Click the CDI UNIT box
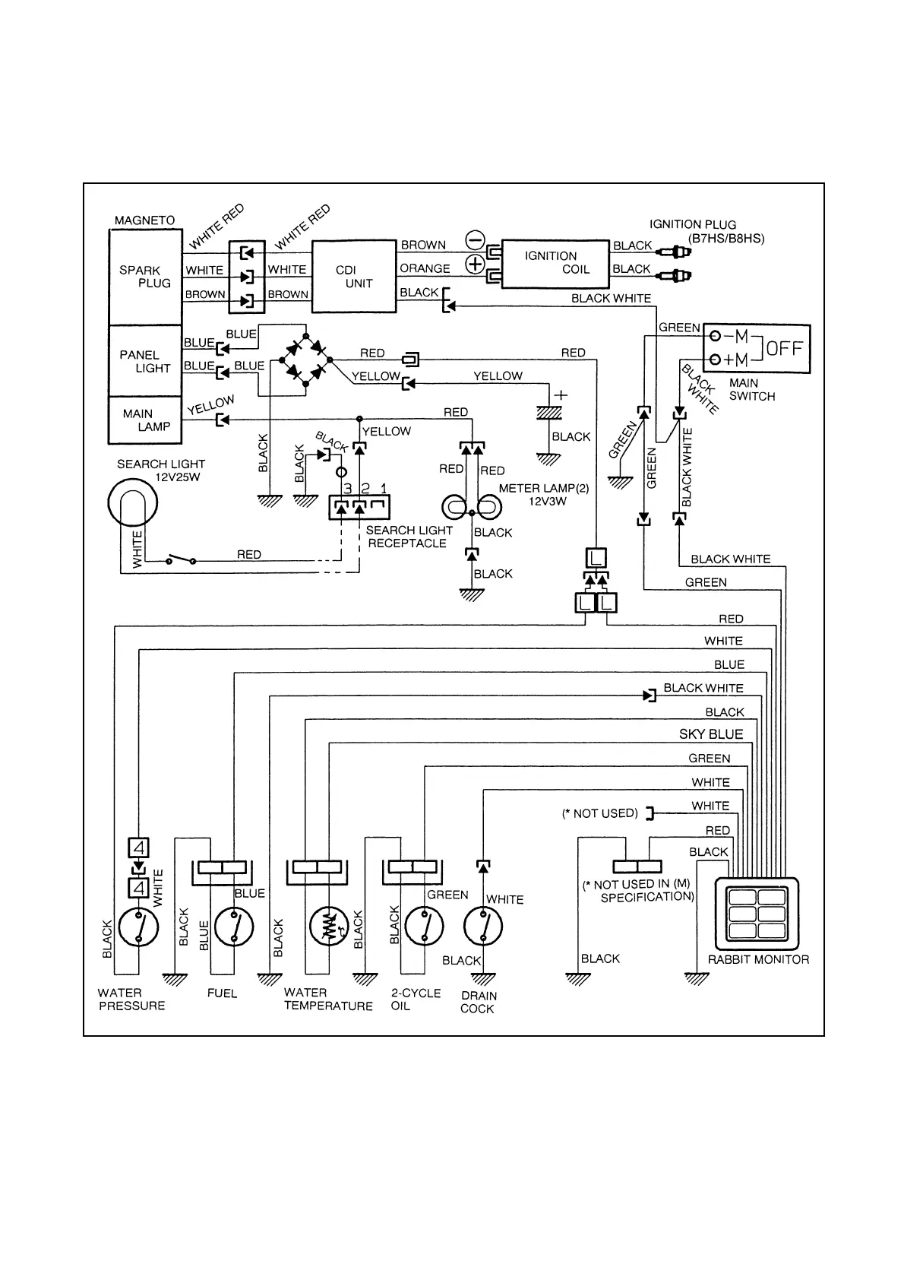pyautogui.click(x=354, y=277)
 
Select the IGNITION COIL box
pyautogui.click(x=556, y=263)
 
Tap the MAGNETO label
pyautogui.click(x=144, y=220)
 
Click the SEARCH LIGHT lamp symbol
pyautogui.click(x=133, y=502)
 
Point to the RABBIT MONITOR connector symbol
pyautogui.click(x=758, y=912)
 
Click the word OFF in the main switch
pyautogui.click(x=784, y=349)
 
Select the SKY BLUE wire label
pyautogui.click(x=711, y=734)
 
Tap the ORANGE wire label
pyautogui.click(x=425, y=268)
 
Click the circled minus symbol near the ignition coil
pyautogui.click(x=475, y=240)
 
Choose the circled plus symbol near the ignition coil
pyautogui.click(x=475, y=265)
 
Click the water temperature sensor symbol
pyautogui.click(x=329, y=927)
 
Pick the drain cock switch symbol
pyautogui.click(x=482, y=927)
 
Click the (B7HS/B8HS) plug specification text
pyautogui.click(x=726, y=238)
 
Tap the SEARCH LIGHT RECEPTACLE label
pyautogui.click(x=409, y=537)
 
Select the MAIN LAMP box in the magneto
pyautogui.click(x=145, y=420)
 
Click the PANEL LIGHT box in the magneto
pyautogui.click(x=145, y=361)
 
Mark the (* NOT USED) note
pyautogui.click(x=599, y=813)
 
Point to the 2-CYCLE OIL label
pyautogui.click(x=416, y=999)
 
